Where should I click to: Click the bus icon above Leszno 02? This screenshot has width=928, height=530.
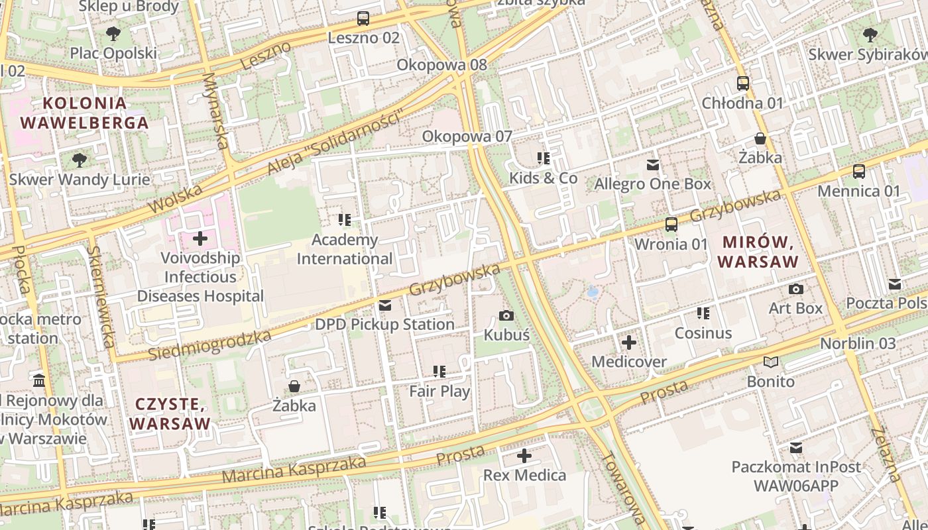pos(363,19)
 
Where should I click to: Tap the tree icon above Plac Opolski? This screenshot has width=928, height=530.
pos(113,34)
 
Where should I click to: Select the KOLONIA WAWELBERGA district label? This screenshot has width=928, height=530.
pos(84,113)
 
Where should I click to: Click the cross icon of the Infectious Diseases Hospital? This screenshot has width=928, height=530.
pos(200,238)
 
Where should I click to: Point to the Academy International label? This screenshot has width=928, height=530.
pos(345,249)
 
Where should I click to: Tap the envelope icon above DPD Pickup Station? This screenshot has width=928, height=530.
pos(384,305)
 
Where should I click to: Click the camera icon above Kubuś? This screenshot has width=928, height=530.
pos(506,316)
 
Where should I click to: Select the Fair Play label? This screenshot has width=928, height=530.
pos(439,391)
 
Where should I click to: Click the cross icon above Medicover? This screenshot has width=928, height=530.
pos(628,343)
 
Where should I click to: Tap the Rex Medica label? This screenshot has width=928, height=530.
pos(524,475)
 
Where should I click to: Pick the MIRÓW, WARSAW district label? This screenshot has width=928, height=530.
pos(758,251)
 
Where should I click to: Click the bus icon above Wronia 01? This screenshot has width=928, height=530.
pos(671,225)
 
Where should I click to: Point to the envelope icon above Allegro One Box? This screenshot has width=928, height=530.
pos(653,165)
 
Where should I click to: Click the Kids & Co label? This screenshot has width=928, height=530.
pos(544,178)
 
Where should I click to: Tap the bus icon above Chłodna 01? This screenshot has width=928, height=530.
pos(743,83)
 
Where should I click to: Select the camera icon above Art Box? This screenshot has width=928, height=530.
pos(795,290)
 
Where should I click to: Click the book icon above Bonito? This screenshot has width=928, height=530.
pos(770,362)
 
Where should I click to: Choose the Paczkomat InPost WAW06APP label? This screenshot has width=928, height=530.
pos(795,476)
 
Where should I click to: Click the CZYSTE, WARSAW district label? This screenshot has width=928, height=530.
pos(170,413)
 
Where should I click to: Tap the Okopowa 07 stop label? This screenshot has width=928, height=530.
pos(467,136)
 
